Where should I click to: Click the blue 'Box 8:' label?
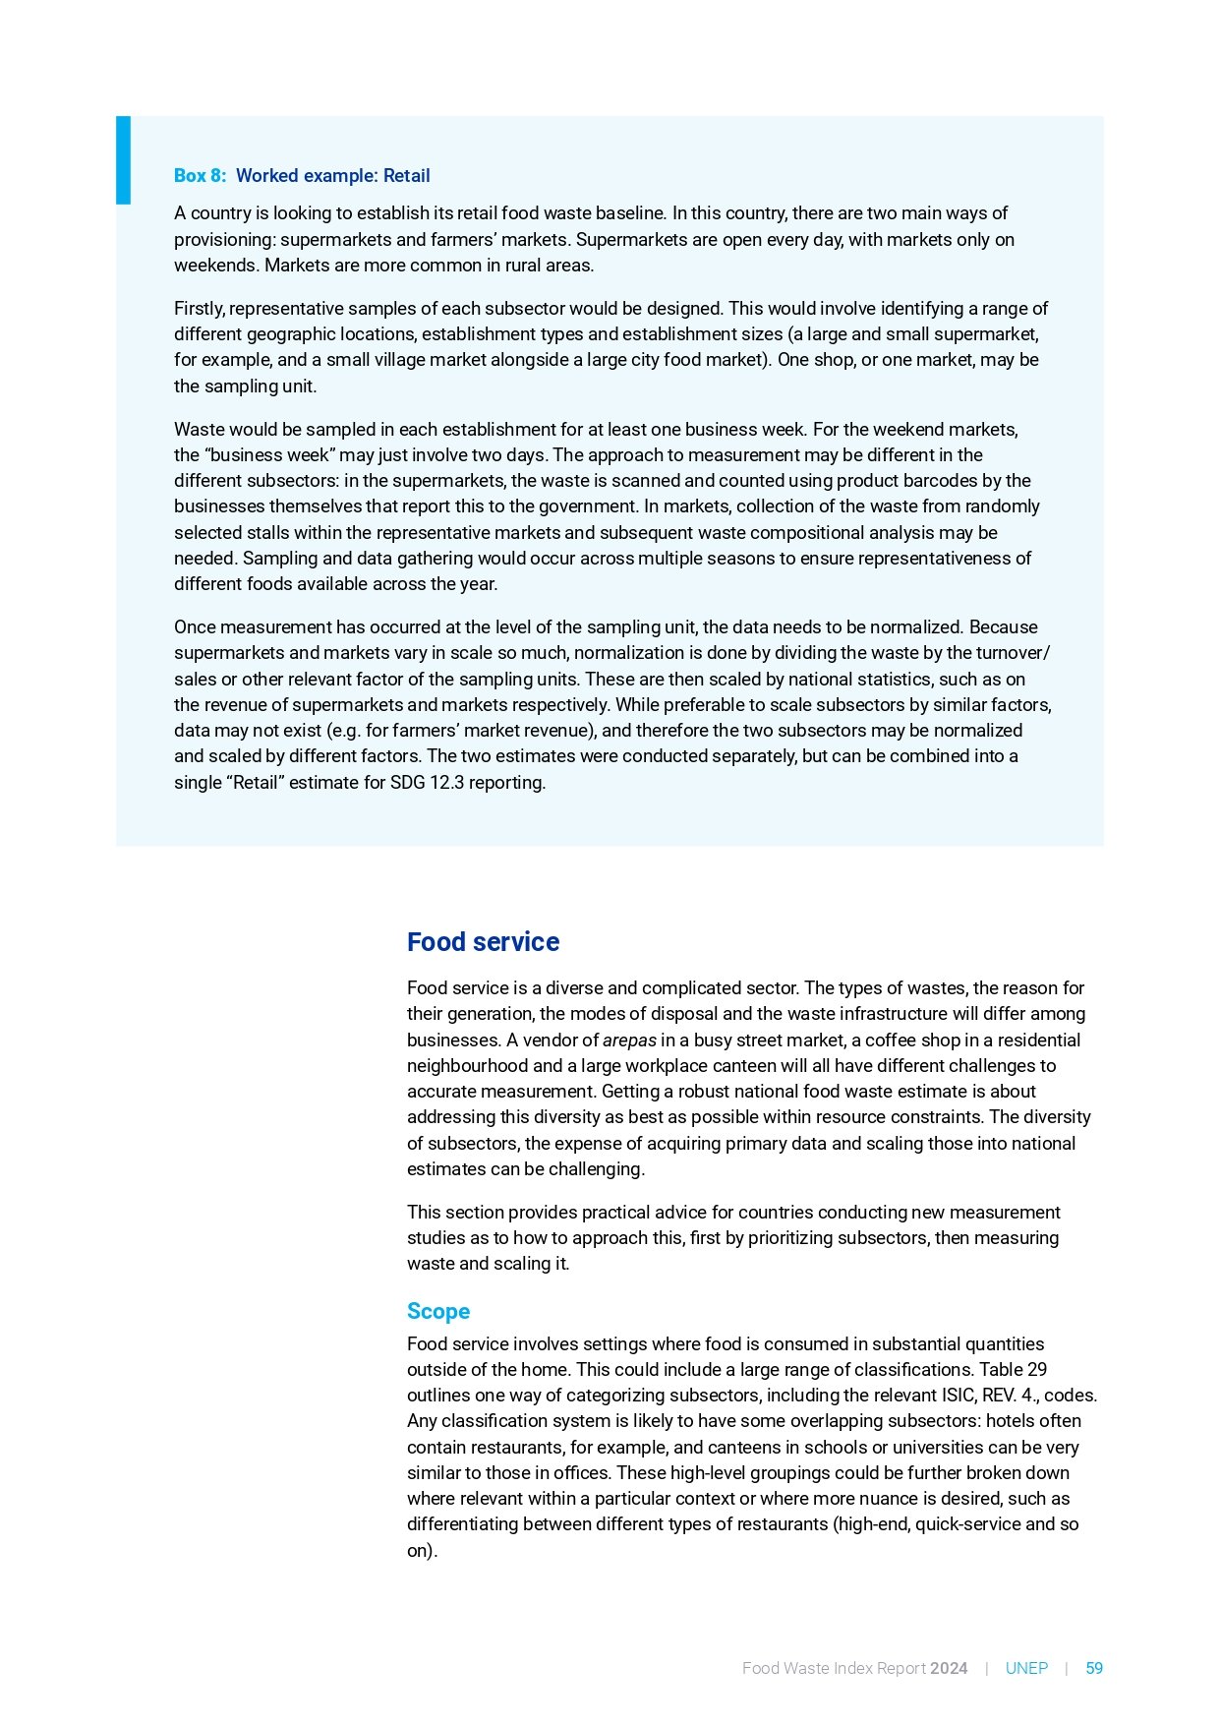(x=200, y=176)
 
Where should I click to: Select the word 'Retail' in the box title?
(x=406, y=176)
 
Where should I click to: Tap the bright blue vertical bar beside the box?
(x=123, y=160)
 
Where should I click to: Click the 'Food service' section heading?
(x=483, y=942)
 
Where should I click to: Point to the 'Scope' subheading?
(x=438, y=1311)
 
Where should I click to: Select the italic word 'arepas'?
(x=629, y=1041)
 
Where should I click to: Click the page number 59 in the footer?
(x=1093, y=1668)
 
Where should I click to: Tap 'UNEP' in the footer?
(x=1026, y=1668)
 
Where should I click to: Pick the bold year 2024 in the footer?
(x=949, y=1668)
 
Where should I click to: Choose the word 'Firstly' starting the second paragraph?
(x=200, y=309)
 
